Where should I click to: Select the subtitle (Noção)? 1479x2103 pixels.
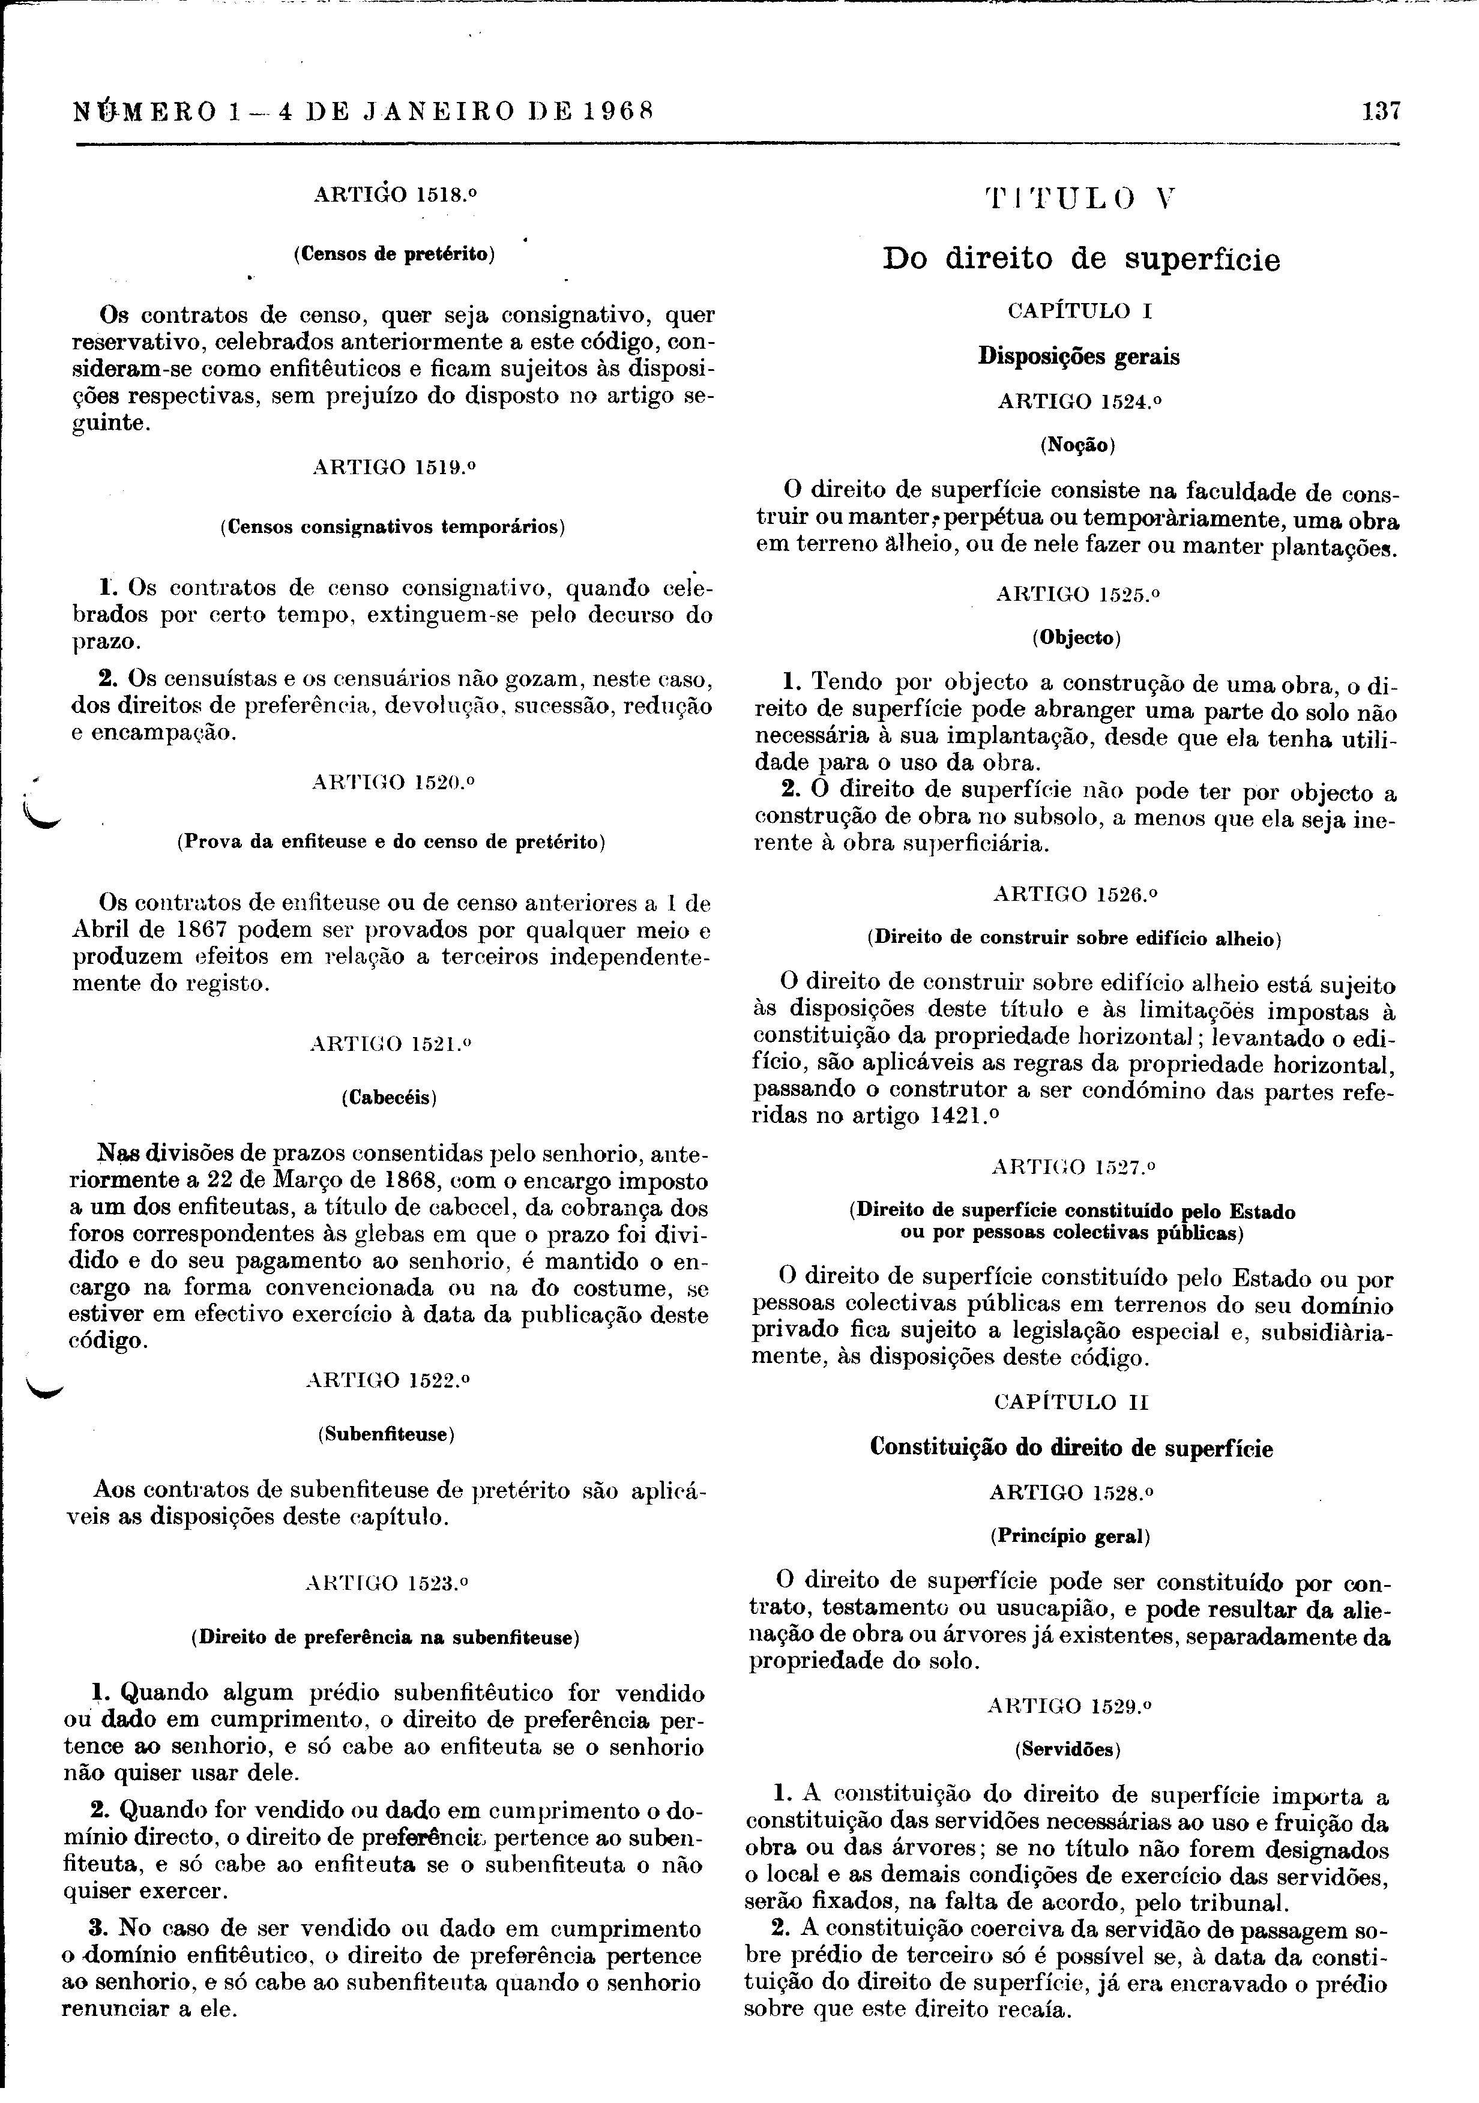pos(1077,446)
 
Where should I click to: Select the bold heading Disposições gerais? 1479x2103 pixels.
pos(1079,357)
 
